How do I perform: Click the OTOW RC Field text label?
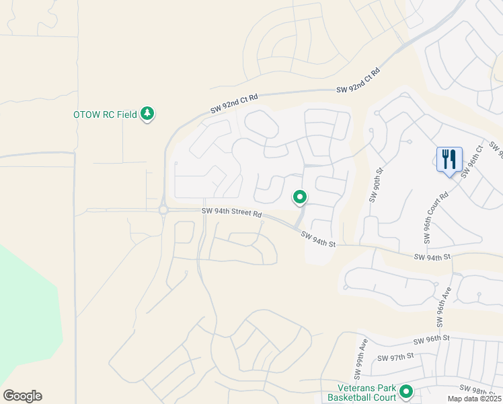pyautogui.click(x=105, y=114)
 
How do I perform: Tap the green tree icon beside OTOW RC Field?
pyautogui.click(x=147, y=114)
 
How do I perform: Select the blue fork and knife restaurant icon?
pyautogui.click(x=449, y=160)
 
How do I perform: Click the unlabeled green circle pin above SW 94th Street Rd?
pyautogui.click(x=299, y=197)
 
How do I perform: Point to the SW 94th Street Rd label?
pyautogui.click(x=231, y=213)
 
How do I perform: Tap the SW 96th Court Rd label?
pyautogui.click(x=436, y=219)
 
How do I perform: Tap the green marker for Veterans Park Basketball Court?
pyautogui.click(x=406, y=391)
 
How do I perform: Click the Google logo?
pyautogui.click(x=22, y=396)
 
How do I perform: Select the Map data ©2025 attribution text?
pyautogui.click(x=473, y=399)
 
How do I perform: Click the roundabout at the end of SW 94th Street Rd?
pyautogui.click(x=163, y=211)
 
